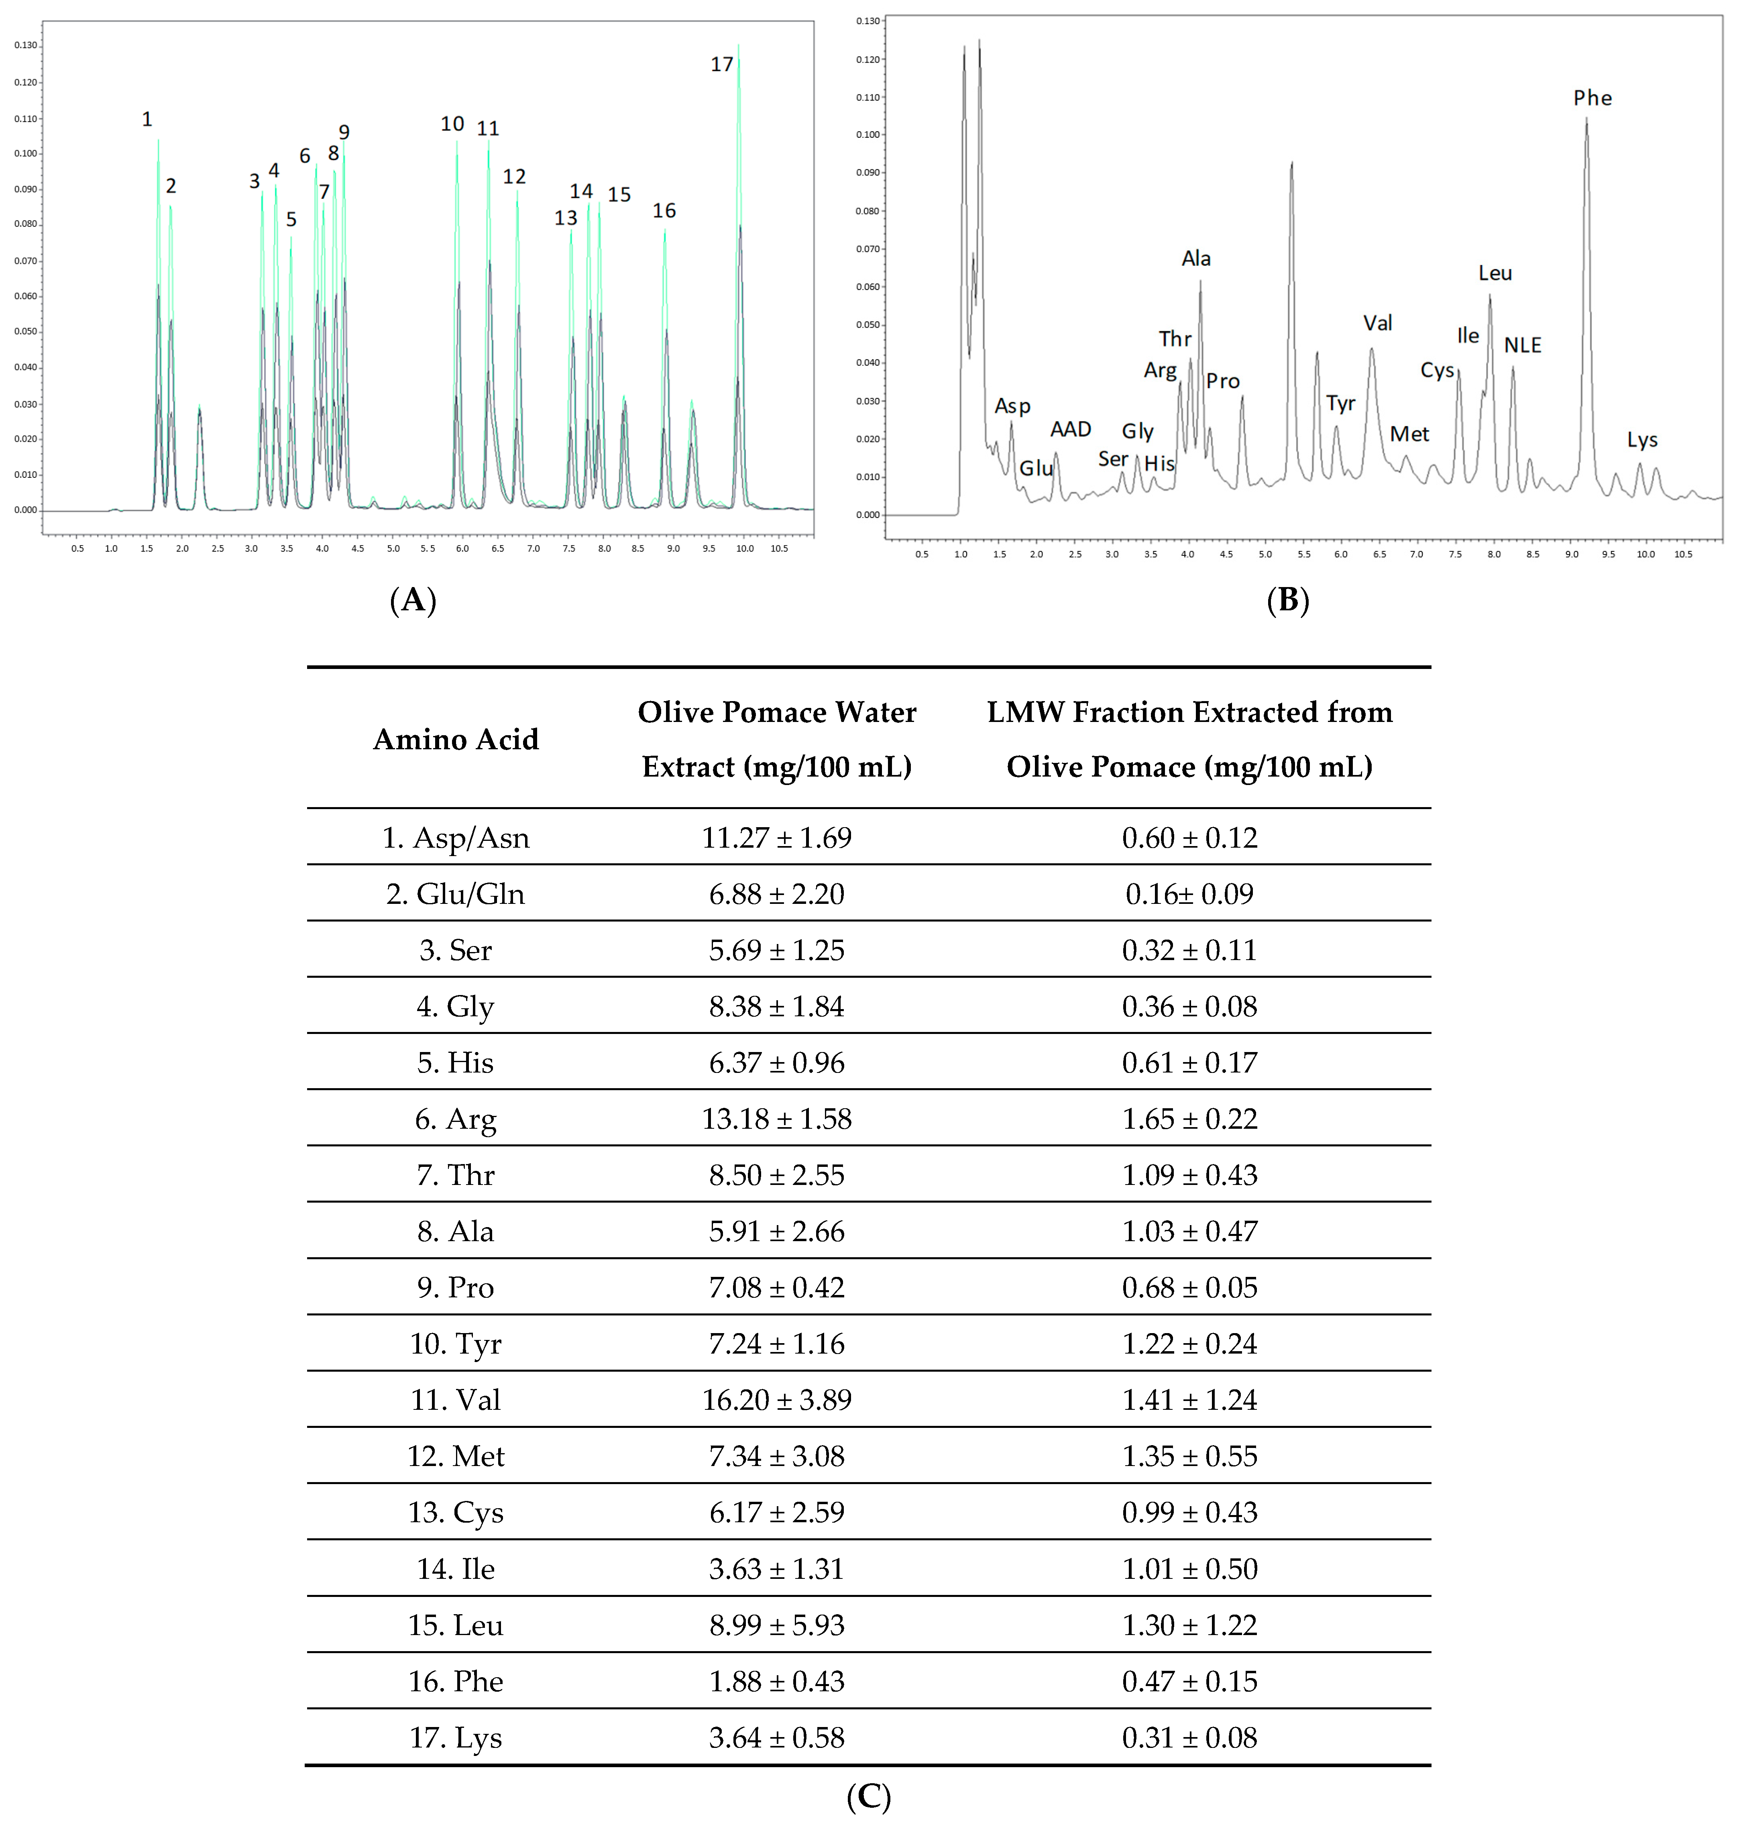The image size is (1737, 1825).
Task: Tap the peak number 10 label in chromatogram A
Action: [x=452, y=124]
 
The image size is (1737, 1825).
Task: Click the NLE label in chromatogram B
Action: [x=1522, y=345]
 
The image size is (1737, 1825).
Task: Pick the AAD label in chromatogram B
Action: [x=1070, y=430]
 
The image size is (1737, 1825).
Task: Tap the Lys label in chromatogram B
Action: [x=1641, y=440]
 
